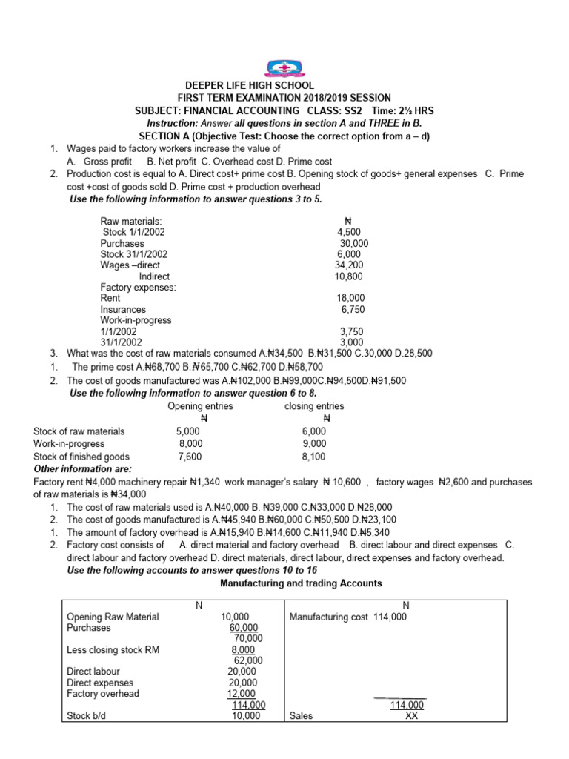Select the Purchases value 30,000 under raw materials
point(354,243)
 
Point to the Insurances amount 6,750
point(353,309)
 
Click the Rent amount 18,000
point(351,298)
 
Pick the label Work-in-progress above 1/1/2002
point(136,320)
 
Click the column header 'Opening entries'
point(200,406)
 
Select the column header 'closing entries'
point(314,406)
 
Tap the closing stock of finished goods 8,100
point(313,457)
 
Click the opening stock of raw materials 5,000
point(188,431)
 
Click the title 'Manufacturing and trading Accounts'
point(302,583)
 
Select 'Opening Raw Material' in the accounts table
point(113,617)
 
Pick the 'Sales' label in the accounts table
point(302,717)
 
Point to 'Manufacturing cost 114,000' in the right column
point(347,617)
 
